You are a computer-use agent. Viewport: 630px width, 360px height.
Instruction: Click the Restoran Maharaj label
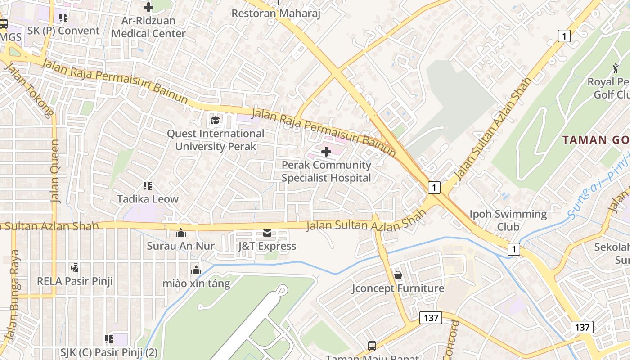pos(275,13)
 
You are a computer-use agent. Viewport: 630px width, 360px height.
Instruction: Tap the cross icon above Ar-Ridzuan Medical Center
pos(148,7)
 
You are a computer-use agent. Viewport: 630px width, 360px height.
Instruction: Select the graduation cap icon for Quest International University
pos(215,120)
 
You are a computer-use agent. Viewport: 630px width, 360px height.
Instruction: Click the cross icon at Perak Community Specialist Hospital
pos(326,152)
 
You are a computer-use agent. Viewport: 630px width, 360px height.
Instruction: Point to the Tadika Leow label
pos(148,199)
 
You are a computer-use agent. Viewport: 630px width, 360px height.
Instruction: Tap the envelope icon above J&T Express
pos(267,233)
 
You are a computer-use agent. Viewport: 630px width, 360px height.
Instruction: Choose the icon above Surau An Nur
pos(181,233)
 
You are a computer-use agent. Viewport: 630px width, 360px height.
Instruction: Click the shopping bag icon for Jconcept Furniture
pos(398,274)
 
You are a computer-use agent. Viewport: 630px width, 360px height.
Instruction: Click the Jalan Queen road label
pos(55,171)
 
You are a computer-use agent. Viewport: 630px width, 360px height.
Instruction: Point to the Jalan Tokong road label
pos(28,90)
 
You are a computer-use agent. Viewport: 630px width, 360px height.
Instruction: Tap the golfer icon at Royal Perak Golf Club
pos(616,68)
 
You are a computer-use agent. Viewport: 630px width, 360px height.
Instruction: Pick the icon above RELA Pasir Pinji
pos(75,268)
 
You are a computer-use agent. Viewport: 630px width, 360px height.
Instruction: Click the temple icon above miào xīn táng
pos(196,270)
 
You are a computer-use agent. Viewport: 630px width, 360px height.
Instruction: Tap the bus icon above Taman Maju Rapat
pos(372,346)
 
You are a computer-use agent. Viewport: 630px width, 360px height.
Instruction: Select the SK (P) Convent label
pos(63,31)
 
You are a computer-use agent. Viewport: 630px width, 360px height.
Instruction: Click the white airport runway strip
pos(252,324)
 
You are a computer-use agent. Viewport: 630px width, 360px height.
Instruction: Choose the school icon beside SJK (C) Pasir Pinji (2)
pos(108,339)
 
